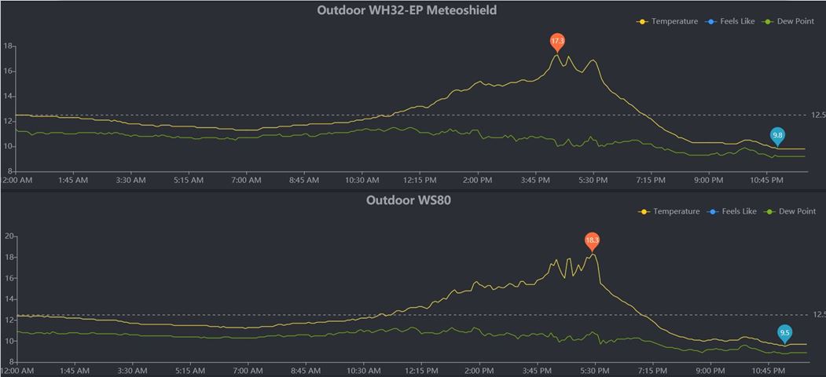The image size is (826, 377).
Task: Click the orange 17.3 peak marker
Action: (557, 41)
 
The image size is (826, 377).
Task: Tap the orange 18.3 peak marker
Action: (592, 240)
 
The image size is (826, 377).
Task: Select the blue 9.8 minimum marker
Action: (777, 136)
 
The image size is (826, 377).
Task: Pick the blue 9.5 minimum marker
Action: (784, 333)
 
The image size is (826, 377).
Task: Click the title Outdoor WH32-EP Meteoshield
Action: (406, 10)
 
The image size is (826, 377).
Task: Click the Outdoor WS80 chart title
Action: (408, 200)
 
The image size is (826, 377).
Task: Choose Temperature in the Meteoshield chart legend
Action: (674, 21)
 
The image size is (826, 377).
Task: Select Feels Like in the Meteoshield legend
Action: (736, 21)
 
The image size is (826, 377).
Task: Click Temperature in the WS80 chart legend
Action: (675, 211)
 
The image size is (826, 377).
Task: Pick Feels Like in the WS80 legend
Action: (738, 211)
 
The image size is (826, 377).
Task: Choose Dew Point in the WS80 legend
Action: (796, 211)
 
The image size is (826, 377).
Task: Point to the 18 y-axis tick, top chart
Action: (9, 46)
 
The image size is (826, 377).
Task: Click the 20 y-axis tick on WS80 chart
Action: (10, 236)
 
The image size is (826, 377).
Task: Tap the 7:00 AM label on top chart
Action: (246, 180)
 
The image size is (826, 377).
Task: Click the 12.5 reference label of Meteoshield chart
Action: (818, 115)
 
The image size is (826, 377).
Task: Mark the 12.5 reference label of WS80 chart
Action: (818, 315)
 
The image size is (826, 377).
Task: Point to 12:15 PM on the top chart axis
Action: (420, 180)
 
